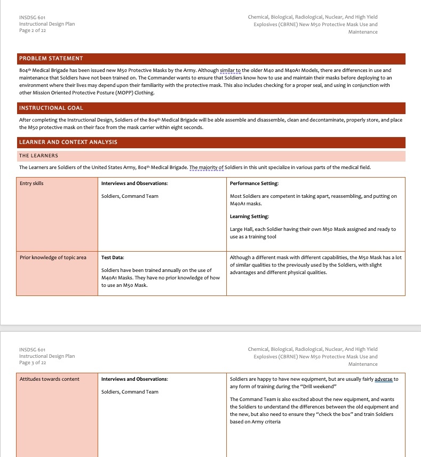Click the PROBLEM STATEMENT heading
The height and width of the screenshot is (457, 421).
click(x=51, y=58)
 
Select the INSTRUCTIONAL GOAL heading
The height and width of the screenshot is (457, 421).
click(x=51, y=108)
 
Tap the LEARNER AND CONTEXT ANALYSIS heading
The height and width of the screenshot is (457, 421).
click(x=68, y=142)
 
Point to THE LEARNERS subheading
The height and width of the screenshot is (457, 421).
click(x=39, y=156)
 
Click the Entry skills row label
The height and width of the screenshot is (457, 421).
click(x=32, y=183)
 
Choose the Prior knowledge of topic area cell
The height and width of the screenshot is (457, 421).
click(x=53, y=258)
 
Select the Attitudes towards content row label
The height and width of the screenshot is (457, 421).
click(x=49, y=379)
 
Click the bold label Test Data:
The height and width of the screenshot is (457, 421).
click(x=113, y=258)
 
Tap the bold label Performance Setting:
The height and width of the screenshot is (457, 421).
click(x=254, y=183)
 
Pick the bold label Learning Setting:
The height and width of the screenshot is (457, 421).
click(x=249, y=217)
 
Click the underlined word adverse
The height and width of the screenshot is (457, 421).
click(x=383, y=379)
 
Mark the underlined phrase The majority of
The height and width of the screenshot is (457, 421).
click(x=206, y=167)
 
